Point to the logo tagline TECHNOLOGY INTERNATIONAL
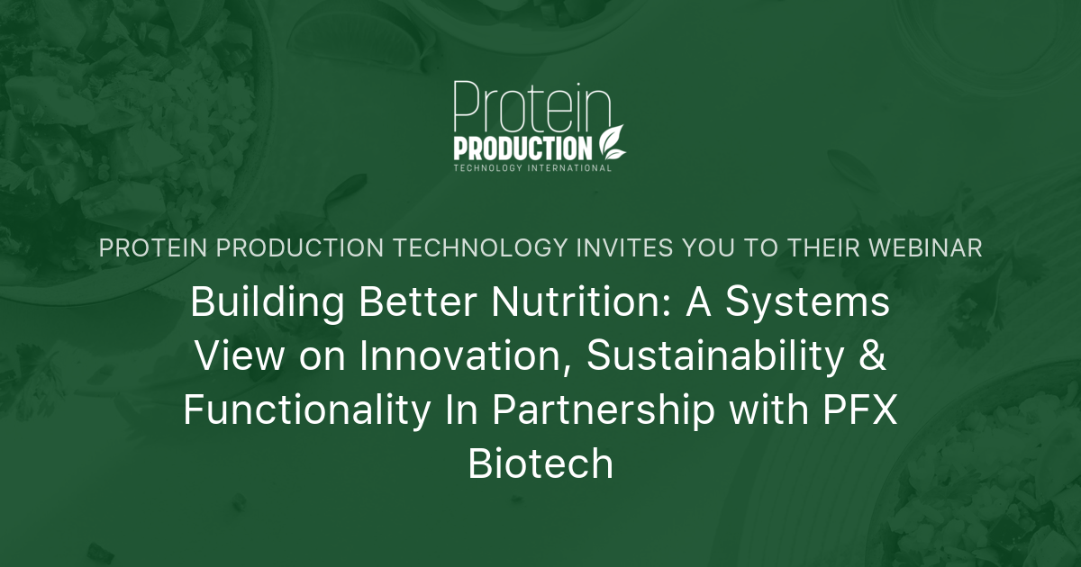pos(532,168)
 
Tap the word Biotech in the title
pos(540,463)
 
